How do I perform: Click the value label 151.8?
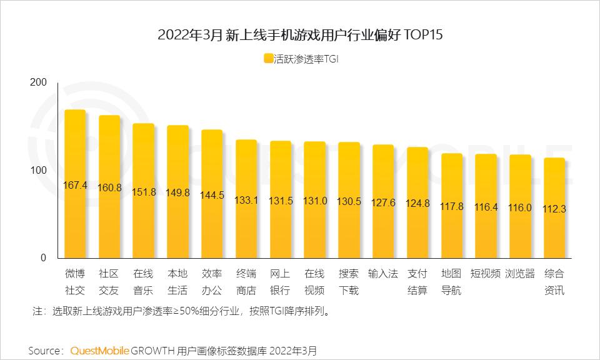[x=144, y=192]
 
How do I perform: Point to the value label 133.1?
[x=246, y=201]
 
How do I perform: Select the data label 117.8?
[x=452, y=206]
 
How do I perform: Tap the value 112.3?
[x=554, y=209]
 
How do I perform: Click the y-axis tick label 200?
[x=39, y=83]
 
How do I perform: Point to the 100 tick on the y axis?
[x=39, y=171]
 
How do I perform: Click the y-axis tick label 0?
[x=44, y=258]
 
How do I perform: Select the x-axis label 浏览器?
[x=520, y=274]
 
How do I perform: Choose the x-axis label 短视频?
[x=486, y=274]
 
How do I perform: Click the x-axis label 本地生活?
[x=178, y=282]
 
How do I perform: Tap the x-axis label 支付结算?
[x=417, y=282]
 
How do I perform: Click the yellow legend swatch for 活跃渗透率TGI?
[x=268, y=59]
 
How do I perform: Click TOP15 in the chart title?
[x=424, y=35]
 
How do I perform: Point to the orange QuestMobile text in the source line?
[x=100, y=350]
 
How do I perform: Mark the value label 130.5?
[x=349, y=201]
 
